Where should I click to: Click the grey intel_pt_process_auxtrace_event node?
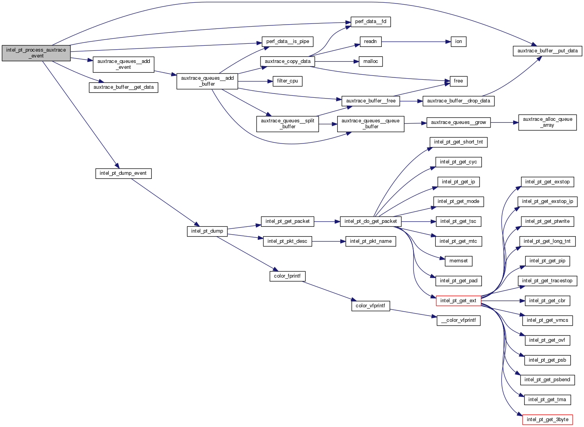[36, 53]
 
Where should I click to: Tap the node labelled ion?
[458, 41]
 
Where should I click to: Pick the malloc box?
[370, 61]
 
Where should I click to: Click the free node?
[458, 81]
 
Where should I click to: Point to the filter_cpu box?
[288, 81]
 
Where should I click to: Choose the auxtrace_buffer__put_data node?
[547, 51]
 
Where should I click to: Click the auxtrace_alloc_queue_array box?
[547, 122]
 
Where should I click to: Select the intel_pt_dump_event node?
[123, 173]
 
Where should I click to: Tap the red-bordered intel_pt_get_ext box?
[458, 301]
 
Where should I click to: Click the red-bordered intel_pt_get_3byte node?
[547, 420]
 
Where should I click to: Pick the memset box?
[458, 261]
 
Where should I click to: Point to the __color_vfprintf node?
[458, 320]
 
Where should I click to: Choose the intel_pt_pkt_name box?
[370, 241]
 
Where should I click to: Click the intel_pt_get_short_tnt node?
[458, 142]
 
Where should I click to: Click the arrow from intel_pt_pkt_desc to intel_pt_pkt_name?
[329, 241]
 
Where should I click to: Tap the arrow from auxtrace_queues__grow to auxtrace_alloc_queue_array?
[504, 122]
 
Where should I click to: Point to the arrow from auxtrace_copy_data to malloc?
[336, 61]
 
